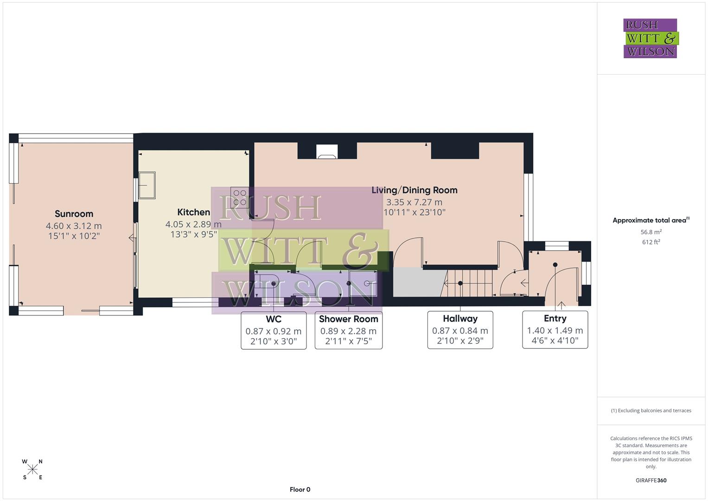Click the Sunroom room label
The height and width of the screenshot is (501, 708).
click(74, 214)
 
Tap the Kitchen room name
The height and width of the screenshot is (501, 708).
click(193, 212)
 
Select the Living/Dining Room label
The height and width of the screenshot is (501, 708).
click(414, 190)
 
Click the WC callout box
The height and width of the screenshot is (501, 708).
click(274, 330)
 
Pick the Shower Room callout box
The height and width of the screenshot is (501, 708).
click(348, 330)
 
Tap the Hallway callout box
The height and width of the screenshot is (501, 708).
click(460, 330)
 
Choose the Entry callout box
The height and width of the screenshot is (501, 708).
click(555, 330)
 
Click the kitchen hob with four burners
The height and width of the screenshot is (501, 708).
click(240, 198)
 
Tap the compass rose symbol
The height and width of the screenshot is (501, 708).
click(32, 469)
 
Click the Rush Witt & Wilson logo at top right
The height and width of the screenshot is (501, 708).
click(650, 38)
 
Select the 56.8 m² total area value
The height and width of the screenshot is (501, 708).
click(651, 232)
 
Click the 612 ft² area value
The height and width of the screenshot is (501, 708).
click(651, 242)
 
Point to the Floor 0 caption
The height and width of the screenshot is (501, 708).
click(300, 489)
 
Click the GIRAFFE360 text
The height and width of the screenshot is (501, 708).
click(651, 480)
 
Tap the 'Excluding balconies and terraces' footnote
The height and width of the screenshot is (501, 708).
click(651, 411)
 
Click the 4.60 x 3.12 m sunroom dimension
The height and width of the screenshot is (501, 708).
click(74, 226)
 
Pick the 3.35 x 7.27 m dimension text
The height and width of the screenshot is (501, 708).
click(414, 202)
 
